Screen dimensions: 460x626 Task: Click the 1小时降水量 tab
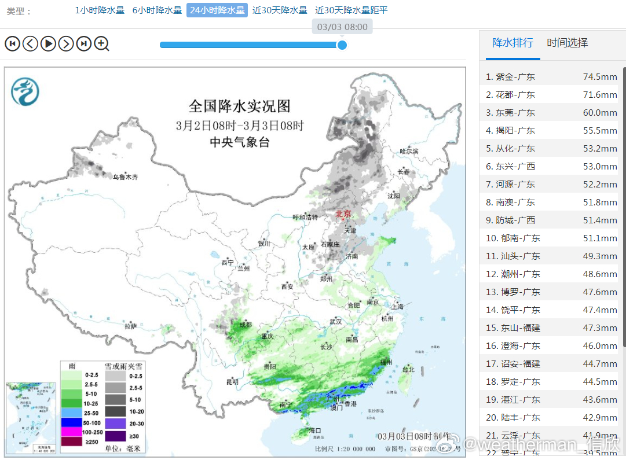pos(100,10)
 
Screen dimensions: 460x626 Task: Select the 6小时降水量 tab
pos(157,10)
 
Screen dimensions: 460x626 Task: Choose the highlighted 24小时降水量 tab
pos(217,10)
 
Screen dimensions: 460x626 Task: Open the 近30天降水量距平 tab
pos(352,10)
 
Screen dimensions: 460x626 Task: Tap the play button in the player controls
pos(49,43)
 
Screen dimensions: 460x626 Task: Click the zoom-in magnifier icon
pos(102,43)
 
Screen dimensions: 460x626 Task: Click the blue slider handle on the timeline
pos(342,45)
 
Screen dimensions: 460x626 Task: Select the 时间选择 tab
pos(568,43)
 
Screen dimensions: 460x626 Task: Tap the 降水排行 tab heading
pos(512,43)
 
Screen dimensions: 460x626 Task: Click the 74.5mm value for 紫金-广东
pos(600,77)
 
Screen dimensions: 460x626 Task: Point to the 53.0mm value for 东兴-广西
pos(600,167)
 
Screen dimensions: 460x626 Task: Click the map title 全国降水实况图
pos(239,106)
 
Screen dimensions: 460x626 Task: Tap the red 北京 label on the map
pos(343,214)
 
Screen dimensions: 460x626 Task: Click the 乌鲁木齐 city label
pos(126,178)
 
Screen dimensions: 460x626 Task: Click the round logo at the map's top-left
pos(25,91)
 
